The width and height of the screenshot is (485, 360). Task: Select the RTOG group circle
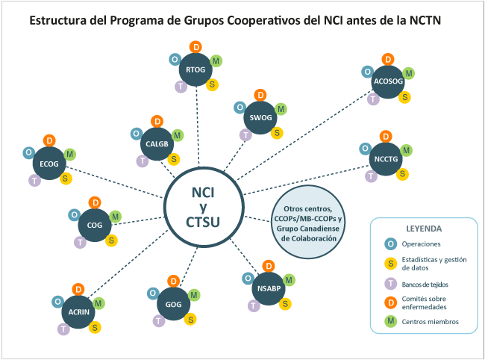tap(196, 70)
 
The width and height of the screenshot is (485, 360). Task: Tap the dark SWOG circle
tap(260, 118)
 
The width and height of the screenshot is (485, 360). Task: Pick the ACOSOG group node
tap(388, 82)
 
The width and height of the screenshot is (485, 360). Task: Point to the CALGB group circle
tap(157, 143)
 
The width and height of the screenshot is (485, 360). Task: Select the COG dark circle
tap(95, 225)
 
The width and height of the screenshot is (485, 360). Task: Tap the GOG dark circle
tap(173, 303)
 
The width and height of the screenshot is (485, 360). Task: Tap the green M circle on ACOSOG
tap(409, 73)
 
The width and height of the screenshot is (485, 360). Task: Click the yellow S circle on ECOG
tap(66, 179)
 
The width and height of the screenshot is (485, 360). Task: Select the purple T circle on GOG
tap(159, 320)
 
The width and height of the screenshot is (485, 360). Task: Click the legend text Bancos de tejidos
tap(425, 284)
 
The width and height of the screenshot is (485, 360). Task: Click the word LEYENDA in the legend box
tap(423, 228)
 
